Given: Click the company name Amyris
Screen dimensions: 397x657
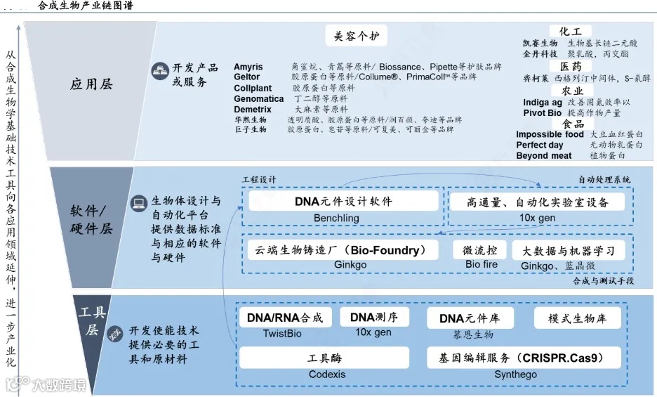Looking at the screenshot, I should [x=248, y=67].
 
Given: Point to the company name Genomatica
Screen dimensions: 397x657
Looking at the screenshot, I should [x=259, y=99].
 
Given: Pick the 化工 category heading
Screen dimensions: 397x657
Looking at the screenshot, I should [x=570, y=32].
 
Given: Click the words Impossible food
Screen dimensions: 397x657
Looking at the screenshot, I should [x=550, y=134].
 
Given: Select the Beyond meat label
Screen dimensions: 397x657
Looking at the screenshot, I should [x=543, y=155].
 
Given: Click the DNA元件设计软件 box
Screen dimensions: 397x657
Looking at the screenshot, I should [x=343, y=202].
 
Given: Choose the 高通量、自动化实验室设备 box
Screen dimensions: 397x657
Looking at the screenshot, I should [x=537, y=202].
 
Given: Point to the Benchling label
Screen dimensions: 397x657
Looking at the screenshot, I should [x=336, y=218].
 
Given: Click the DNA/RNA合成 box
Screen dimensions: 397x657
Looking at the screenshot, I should [x=285, y=318].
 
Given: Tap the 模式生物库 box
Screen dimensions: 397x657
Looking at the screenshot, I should [x=578, y=318].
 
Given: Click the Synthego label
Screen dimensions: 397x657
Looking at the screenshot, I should [x=515, y=375].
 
